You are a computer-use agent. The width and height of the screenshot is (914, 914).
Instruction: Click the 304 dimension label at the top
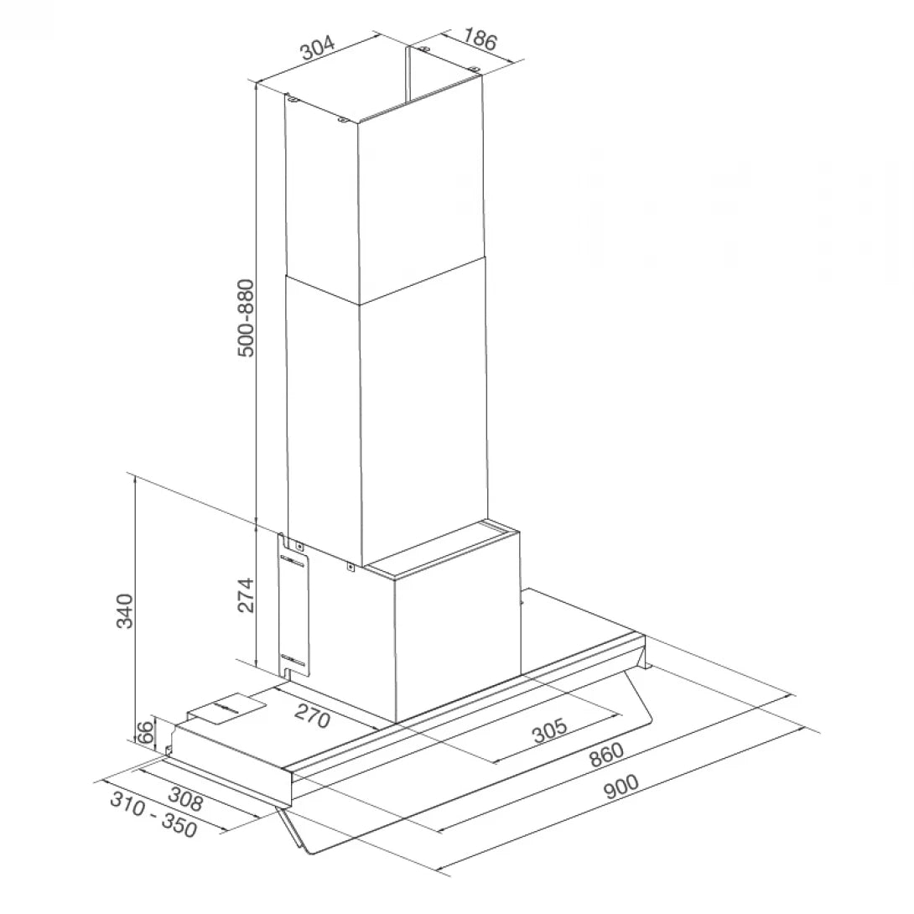318,49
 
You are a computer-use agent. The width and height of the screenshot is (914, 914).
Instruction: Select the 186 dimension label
480,39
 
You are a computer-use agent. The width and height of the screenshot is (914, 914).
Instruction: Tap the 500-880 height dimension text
245,318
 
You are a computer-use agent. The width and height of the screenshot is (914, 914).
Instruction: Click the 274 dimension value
245,595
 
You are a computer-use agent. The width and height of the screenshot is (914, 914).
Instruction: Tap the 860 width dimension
606,755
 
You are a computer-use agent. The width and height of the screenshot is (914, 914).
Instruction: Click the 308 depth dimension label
186,799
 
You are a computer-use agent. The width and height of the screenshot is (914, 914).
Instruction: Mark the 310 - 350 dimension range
153,815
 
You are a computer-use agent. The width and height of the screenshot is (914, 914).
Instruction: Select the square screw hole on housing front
350,568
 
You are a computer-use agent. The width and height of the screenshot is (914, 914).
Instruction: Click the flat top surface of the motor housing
444,549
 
